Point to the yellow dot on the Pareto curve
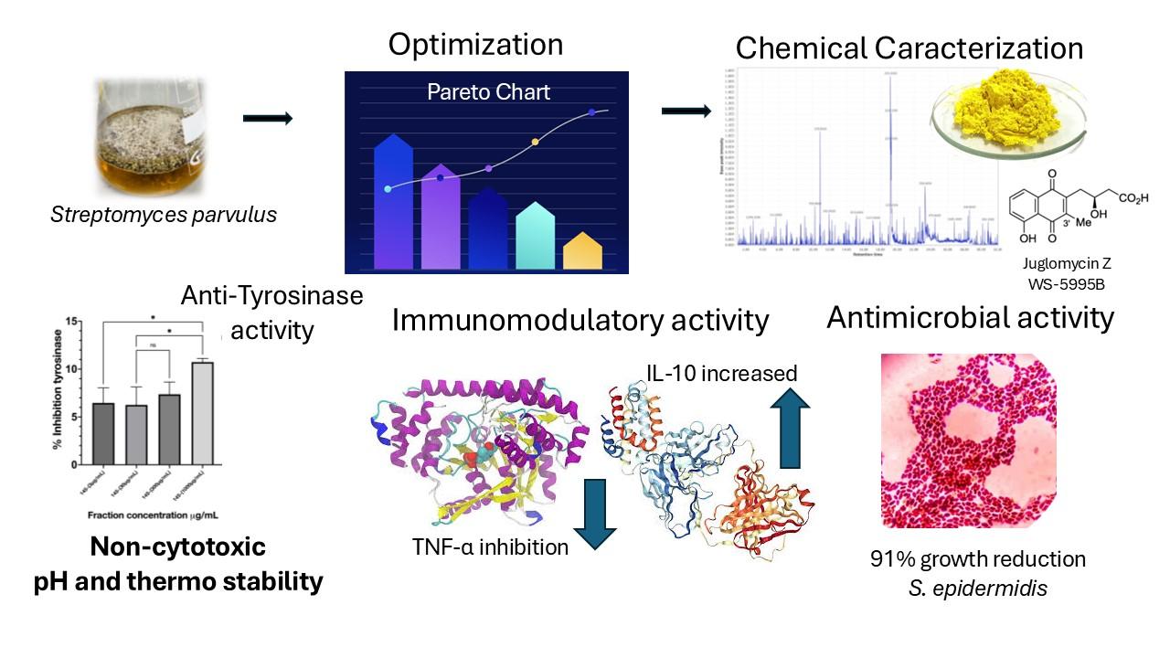536,142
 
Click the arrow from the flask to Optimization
267,118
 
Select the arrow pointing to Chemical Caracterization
686,111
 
